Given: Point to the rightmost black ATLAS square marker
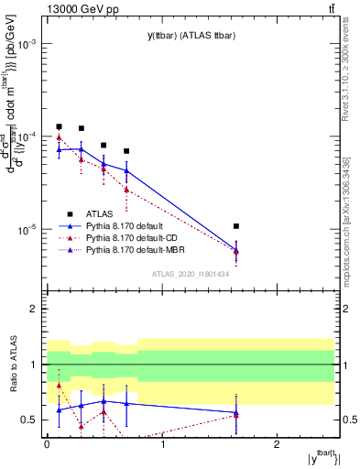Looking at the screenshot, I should (x=236, y=225).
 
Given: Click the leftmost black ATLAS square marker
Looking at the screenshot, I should (x=59, y=126).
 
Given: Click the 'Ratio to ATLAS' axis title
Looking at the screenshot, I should (x=12, y=365).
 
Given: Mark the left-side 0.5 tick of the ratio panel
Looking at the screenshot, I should (x=33, y=420).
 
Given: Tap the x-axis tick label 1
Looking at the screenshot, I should (x=162, y=443).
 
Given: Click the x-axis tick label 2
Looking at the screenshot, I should (x=278, y=443).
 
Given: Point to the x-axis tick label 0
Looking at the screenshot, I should (x=47, y=443).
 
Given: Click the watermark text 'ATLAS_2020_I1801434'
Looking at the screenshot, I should (x=191, y=273).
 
